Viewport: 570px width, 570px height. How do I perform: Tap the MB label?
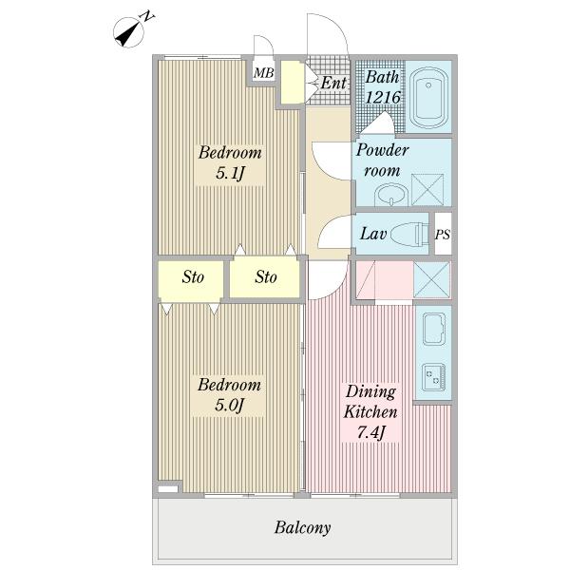[x=263, y=73]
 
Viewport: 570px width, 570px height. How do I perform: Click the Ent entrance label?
[x=333, y=83]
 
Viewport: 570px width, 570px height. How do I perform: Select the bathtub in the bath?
[x=428, y=97]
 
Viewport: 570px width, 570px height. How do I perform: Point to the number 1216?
[x=383, y=98]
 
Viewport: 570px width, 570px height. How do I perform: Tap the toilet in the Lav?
[x=411, y=234]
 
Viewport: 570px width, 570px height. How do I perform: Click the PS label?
[x=443, y=235]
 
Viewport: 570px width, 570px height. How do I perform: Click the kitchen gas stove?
[x=433, y=377]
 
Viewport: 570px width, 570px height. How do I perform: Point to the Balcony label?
[x=302, y=528]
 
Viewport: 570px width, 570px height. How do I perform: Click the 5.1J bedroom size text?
[x=230, y=174]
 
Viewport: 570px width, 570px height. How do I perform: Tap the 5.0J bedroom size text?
[x=229, y=405]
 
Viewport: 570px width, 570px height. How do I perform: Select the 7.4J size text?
[x=370, y=432]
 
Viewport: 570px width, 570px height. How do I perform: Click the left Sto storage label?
[x=193, y=277]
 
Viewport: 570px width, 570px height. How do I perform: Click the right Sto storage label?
[x=266, y=277]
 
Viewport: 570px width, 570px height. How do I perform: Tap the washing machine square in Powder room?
[x=427, y=189]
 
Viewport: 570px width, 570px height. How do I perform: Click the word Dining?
[x=370, y=391]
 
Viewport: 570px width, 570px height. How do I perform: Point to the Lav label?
[x=373, y=234]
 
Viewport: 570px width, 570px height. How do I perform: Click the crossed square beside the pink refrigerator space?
[x=431, y=280]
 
